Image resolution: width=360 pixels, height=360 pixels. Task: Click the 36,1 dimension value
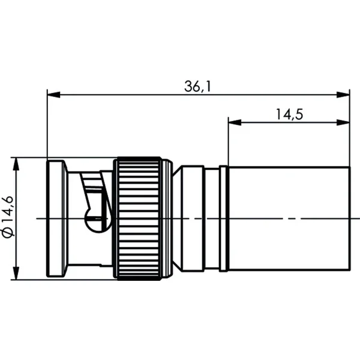tap(197, 86)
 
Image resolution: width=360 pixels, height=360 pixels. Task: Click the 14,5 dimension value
tap(289, 115)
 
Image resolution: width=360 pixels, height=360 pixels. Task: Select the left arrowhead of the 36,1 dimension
tap(53, 95)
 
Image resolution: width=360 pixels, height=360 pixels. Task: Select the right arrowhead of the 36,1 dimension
tap(343, 95)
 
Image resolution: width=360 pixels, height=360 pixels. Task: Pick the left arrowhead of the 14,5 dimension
tap(235, 122)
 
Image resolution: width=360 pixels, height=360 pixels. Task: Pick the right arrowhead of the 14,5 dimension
tap(343, 122)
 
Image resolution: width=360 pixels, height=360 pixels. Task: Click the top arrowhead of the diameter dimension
tap(16, 164)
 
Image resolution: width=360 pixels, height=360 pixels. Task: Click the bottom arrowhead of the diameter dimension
tap(16, 273)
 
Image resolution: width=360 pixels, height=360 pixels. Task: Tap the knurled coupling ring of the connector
tap(139, 218)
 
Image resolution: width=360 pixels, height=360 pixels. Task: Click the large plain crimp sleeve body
tap(289, 218)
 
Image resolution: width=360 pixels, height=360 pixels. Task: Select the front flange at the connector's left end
tap(57, 218)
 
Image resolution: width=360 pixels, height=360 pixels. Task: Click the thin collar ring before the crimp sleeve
tap(224, 218)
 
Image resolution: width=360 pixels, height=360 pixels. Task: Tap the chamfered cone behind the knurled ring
tap(177, 218)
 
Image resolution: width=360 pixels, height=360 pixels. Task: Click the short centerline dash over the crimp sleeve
tap(292, 219)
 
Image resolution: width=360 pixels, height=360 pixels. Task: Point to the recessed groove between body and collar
tap(212, 218)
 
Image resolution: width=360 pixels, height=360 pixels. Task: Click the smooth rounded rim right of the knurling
tap(167, 218)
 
